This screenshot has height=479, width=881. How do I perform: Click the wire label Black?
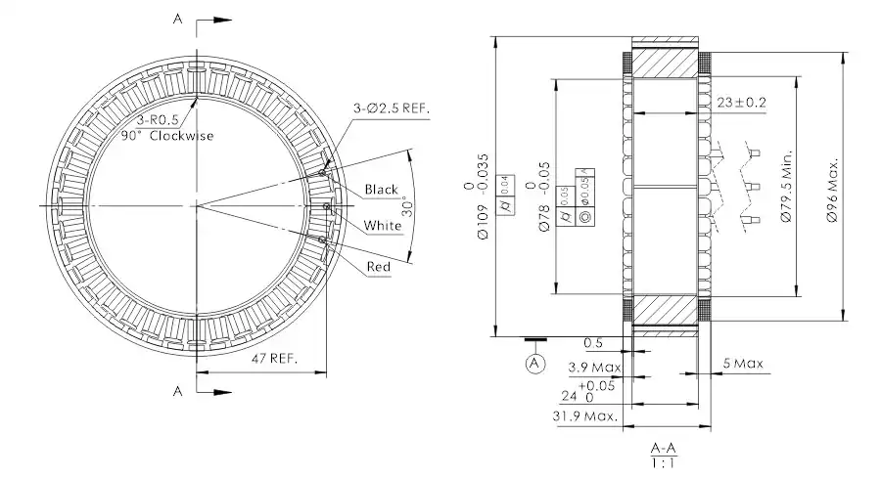click(x=381, y=189)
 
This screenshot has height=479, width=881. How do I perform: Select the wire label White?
click(x=383, y=226)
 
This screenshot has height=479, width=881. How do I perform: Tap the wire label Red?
click(x=379, y=267)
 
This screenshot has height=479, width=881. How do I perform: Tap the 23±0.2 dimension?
click(x=741, y=102)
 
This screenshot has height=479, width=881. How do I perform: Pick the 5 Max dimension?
click(x=742, y=365)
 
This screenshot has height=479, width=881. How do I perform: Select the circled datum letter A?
click(x=534, y=363)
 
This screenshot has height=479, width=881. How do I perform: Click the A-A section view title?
click(x=663, y=446)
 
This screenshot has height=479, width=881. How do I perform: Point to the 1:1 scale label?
click(x=663, y=461)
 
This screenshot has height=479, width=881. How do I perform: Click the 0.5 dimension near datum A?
click(x=592, y=343)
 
